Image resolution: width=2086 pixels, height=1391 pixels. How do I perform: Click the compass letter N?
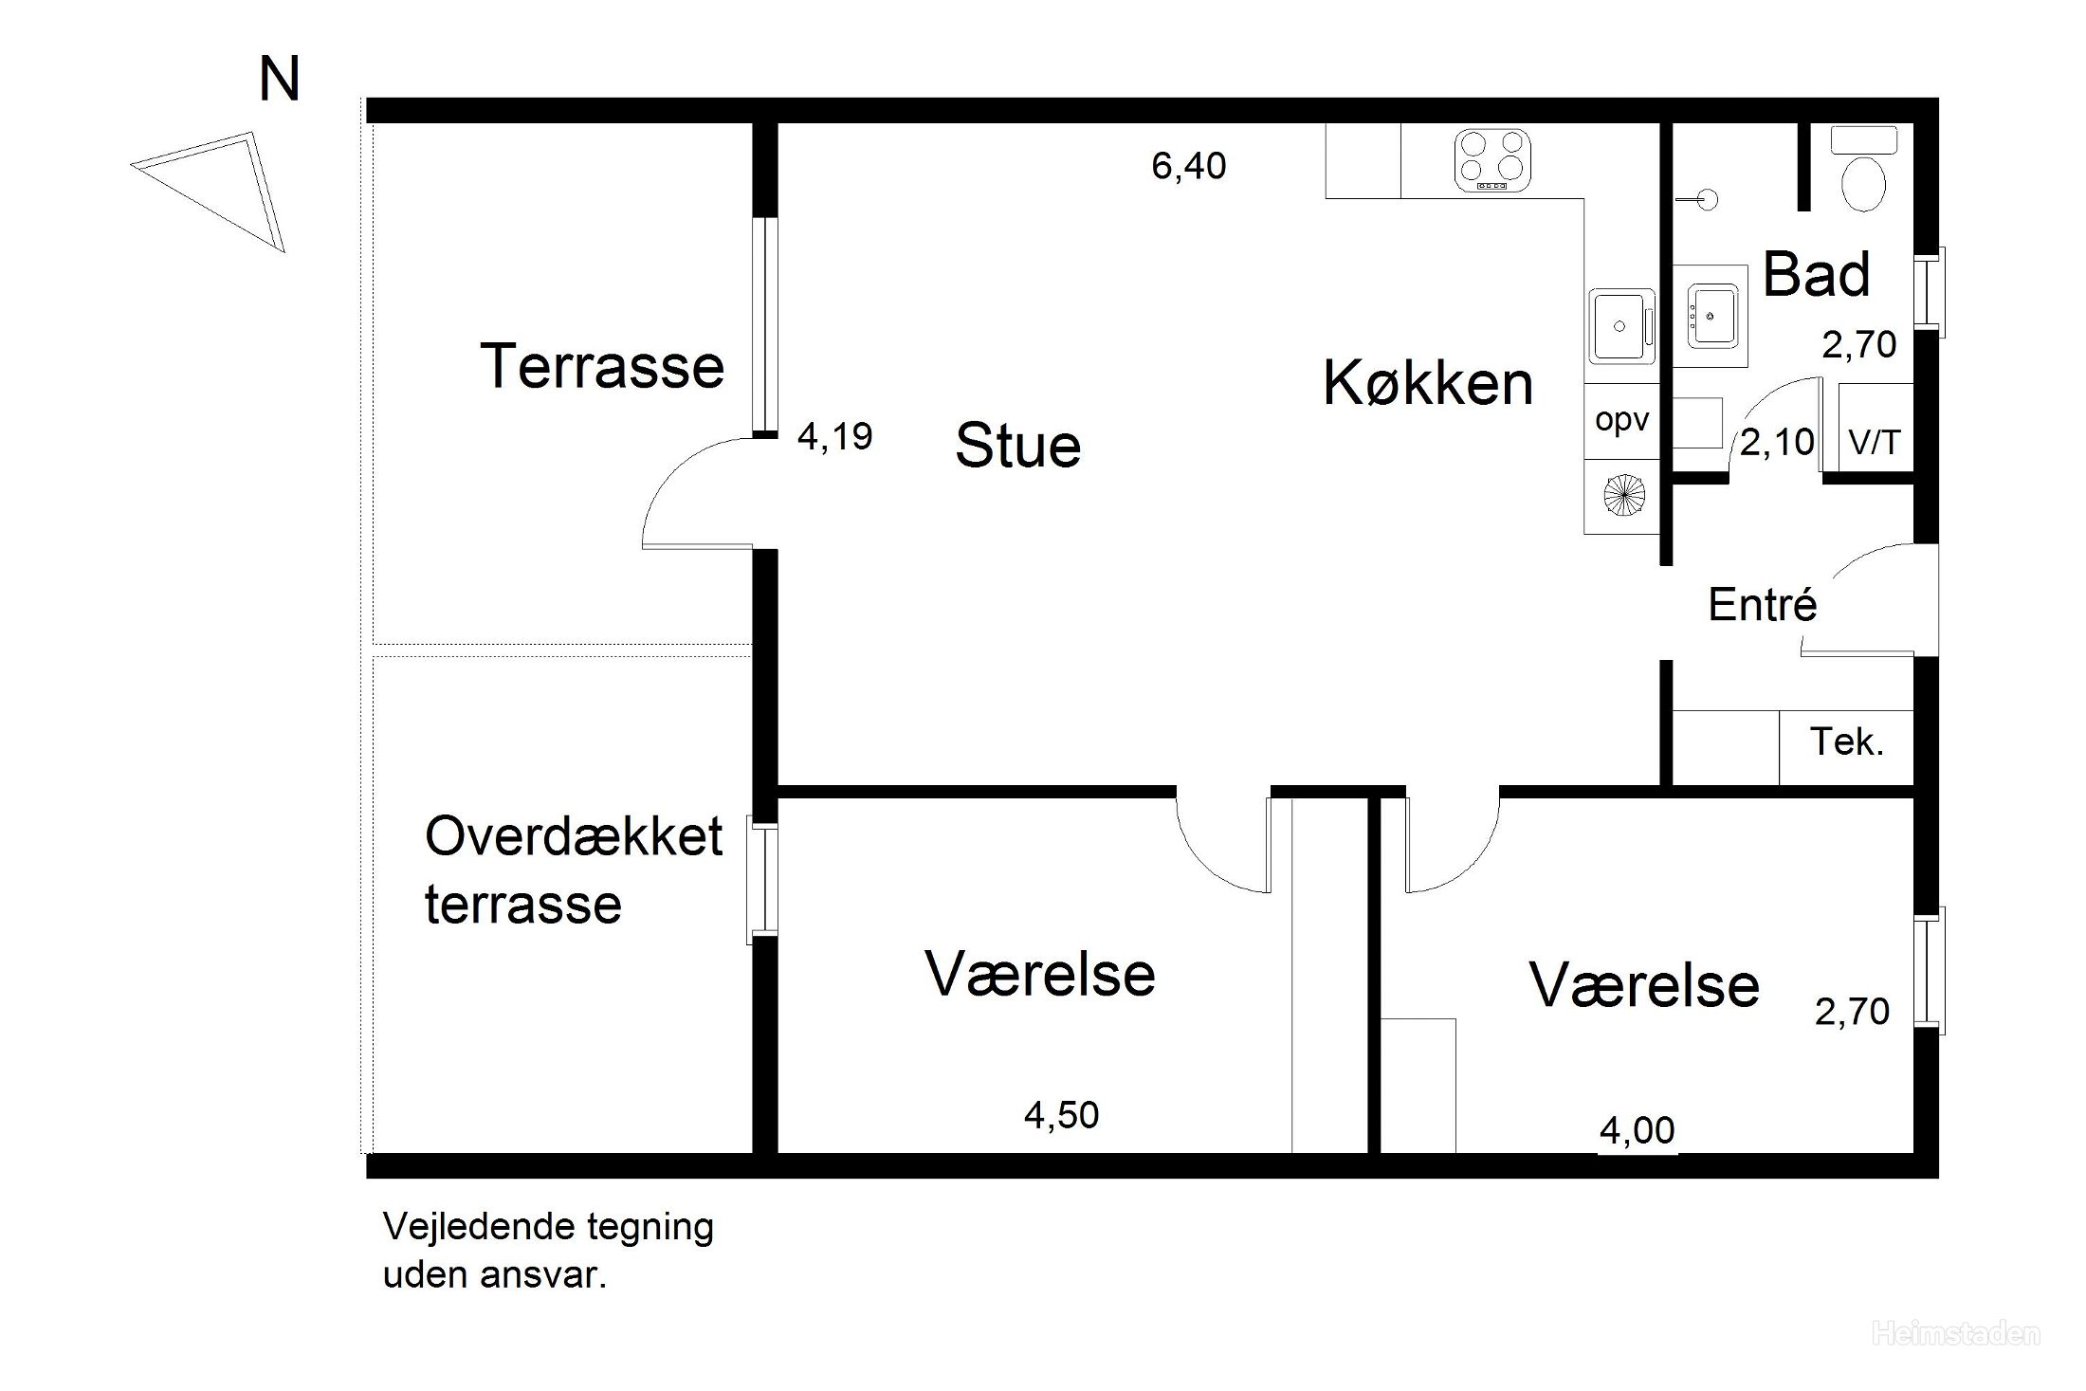click(280, 79)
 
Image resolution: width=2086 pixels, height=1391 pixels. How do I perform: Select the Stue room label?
click(1017, 445)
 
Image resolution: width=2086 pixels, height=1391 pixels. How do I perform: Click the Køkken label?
click(1428, 383)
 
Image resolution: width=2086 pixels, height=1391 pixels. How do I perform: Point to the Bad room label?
click(1816, 274)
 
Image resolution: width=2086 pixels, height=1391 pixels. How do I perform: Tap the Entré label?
click(1762, 604)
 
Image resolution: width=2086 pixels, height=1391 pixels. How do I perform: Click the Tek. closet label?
click(1847, 741)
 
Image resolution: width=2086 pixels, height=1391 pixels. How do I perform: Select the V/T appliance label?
click(1875, 442)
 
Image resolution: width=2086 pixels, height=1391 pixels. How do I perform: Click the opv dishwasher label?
click(1621, 420)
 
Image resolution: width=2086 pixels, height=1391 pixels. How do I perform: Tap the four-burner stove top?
click(1492, 160)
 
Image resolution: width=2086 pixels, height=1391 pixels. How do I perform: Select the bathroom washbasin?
click(1712, 315)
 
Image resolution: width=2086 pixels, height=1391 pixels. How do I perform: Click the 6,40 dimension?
click(1189, 166)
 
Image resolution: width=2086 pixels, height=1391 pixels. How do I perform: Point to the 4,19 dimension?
click(834, 436)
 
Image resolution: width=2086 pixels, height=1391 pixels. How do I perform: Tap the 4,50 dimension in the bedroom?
click(1061, 1115)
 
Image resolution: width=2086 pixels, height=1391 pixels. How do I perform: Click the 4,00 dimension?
click(1638, 1130)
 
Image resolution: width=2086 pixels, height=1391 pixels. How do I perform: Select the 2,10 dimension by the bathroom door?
click(1777, 442)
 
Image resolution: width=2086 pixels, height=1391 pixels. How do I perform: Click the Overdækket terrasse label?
click(574, 869)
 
